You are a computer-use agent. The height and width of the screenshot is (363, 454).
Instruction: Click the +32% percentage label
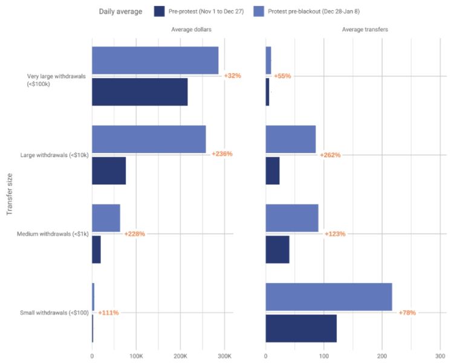pos(232,76)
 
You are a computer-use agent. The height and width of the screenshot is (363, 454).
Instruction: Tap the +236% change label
pos(222,154)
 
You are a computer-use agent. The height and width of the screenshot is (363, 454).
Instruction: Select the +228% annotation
pos(134,234)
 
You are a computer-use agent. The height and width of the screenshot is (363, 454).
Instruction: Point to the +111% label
pos(108,313)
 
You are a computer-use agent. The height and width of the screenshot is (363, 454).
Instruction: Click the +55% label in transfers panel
pos(283,76)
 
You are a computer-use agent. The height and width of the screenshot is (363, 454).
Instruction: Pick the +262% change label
pos(330,155)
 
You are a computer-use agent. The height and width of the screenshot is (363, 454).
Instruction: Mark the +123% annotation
pos(335,234)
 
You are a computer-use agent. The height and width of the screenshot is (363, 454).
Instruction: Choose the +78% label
pos(407,313)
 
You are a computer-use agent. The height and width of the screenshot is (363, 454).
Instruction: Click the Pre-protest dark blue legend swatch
pos(160,11)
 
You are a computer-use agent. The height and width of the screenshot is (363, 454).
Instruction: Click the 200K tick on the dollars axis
pos(180,356)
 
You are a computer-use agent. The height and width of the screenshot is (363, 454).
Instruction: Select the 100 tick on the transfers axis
pos(324,356)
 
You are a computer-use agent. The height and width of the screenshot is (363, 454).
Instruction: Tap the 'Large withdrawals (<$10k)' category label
pos(54,155)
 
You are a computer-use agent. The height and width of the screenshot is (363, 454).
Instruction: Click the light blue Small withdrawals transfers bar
pos(329,297)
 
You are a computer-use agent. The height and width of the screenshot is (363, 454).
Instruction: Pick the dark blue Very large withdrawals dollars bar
pos(140,92)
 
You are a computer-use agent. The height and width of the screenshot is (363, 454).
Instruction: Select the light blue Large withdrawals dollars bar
pos(149,139)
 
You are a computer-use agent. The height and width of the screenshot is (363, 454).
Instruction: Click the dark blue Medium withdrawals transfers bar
pos(277,249)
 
